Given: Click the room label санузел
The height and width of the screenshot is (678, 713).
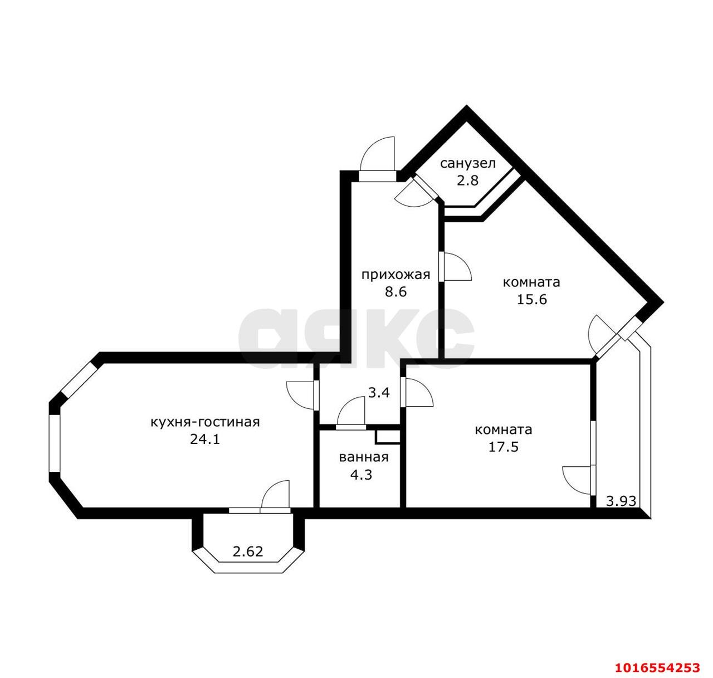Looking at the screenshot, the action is (468, 164).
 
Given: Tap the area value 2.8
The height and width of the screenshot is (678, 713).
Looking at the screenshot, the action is (467, 181).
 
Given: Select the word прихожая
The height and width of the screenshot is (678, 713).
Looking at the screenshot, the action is (395, 275).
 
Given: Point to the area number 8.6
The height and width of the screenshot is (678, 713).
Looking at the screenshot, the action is (395, 292).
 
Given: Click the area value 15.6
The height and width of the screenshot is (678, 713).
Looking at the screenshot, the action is (531, 299).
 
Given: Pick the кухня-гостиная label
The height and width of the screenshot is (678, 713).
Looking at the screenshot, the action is (206, 422).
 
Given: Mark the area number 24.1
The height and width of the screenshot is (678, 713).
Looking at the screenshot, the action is (205, 440).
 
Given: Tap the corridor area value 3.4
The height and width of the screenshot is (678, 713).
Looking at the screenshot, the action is (379, 393).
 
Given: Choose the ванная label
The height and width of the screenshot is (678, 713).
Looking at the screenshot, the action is (364, 457).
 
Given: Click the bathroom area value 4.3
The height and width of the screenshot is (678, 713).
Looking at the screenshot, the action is (361, 475).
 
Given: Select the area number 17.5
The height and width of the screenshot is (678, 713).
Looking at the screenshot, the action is (504, 447).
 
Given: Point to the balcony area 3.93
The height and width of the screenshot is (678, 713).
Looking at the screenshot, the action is (621, 501).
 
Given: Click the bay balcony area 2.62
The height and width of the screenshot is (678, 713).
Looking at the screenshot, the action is (248, 552).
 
